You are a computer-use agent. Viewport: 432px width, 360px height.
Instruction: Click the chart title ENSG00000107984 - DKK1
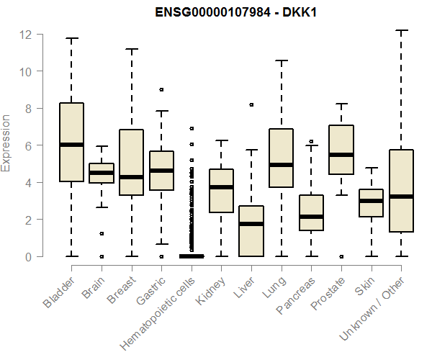pos(236,12)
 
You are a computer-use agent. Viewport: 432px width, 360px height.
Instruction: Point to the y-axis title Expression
pos(6,143)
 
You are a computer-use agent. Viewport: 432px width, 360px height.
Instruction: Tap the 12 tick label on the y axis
pos(25,35)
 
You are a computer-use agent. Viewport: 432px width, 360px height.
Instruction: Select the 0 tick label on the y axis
pos(29,257)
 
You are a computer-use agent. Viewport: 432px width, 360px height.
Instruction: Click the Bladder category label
pos(59,292)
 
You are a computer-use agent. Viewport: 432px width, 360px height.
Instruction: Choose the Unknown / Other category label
pos(372,308)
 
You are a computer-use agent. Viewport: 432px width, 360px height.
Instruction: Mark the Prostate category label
pos(328,293)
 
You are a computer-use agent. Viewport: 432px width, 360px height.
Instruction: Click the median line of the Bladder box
pos(71,145)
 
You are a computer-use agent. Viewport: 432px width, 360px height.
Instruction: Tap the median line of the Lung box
pos(282,165)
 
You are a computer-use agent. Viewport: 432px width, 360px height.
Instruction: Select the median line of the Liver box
pos(251,224)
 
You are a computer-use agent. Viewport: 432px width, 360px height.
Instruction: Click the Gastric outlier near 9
pos(161,89)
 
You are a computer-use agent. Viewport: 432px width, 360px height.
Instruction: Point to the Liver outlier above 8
pos(251,104)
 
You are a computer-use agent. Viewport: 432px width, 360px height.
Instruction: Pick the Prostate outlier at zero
pos(341,257)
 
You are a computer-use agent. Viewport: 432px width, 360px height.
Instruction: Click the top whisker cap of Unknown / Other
pos(401,30)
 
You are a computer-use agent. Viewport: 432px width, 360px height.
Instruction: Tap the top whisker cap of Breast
pos(132,49)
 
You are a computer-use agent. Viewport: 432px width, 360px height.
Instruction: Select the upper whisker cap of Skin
pos(372,168)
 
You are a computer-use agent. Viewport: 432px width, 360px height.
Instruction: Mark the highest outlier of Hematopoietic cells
pos(192,128)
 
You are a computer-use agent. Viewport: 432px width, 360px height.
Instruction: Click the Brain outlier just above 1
pos(102,233)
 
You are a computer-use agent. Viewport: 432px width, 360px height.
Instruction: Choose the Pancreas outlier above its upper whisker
pos(311,141)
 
